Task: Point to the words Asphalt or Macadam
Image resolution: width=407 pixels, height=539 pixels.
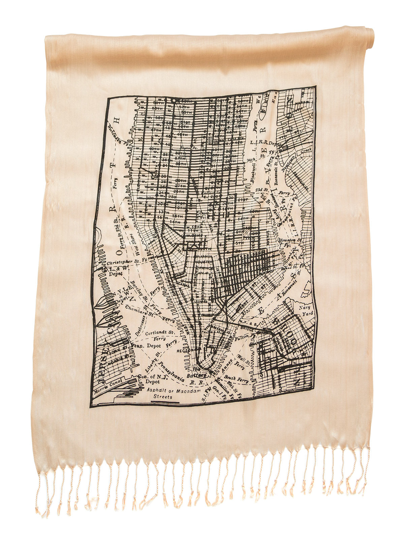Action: (x=174, y=390)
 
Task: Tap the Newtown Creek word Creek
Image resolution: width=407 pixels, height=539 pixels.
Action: (x=306, y=150)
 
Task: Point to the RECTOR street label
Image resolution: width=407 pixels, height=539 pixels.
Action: (x=184, y=350)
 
